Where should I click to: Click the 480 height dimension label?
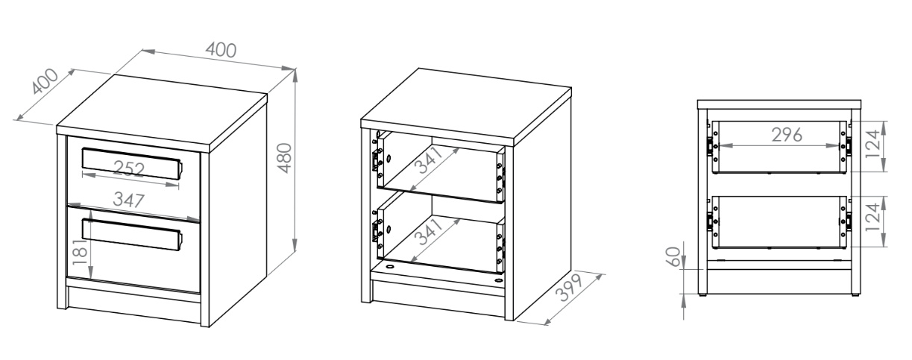click(286, 158)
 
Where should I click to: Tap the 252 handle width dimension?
click(129, 168)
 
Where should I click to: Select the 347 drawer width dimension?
click(129, 200)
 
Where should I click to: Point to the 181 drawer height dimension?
click(80, 252)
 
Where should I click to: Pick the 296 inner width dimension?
click(787, 135)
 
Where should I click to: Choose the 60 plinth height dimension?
click(673, 256)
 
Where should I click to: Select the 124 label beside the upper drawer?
click(873, 145)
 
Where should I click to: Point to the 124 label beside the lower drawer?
click(873, 218)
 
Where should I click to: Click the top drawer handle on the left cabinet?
click(132, 163)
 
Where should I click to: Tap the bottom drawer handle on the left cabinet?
click(132, 235)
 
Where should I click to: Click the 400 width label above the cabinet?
click(221, 50)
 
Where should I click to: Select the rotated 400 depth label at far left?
click(45, 81)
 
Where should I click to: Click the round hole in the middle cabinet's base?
click(390, 268)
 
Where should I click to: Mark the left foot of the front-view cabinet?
click(702, 294)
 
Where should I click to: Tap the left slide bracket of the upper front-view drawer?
click(710, 145)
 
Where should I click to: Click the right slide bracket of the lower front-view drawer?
click(849, 221)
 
